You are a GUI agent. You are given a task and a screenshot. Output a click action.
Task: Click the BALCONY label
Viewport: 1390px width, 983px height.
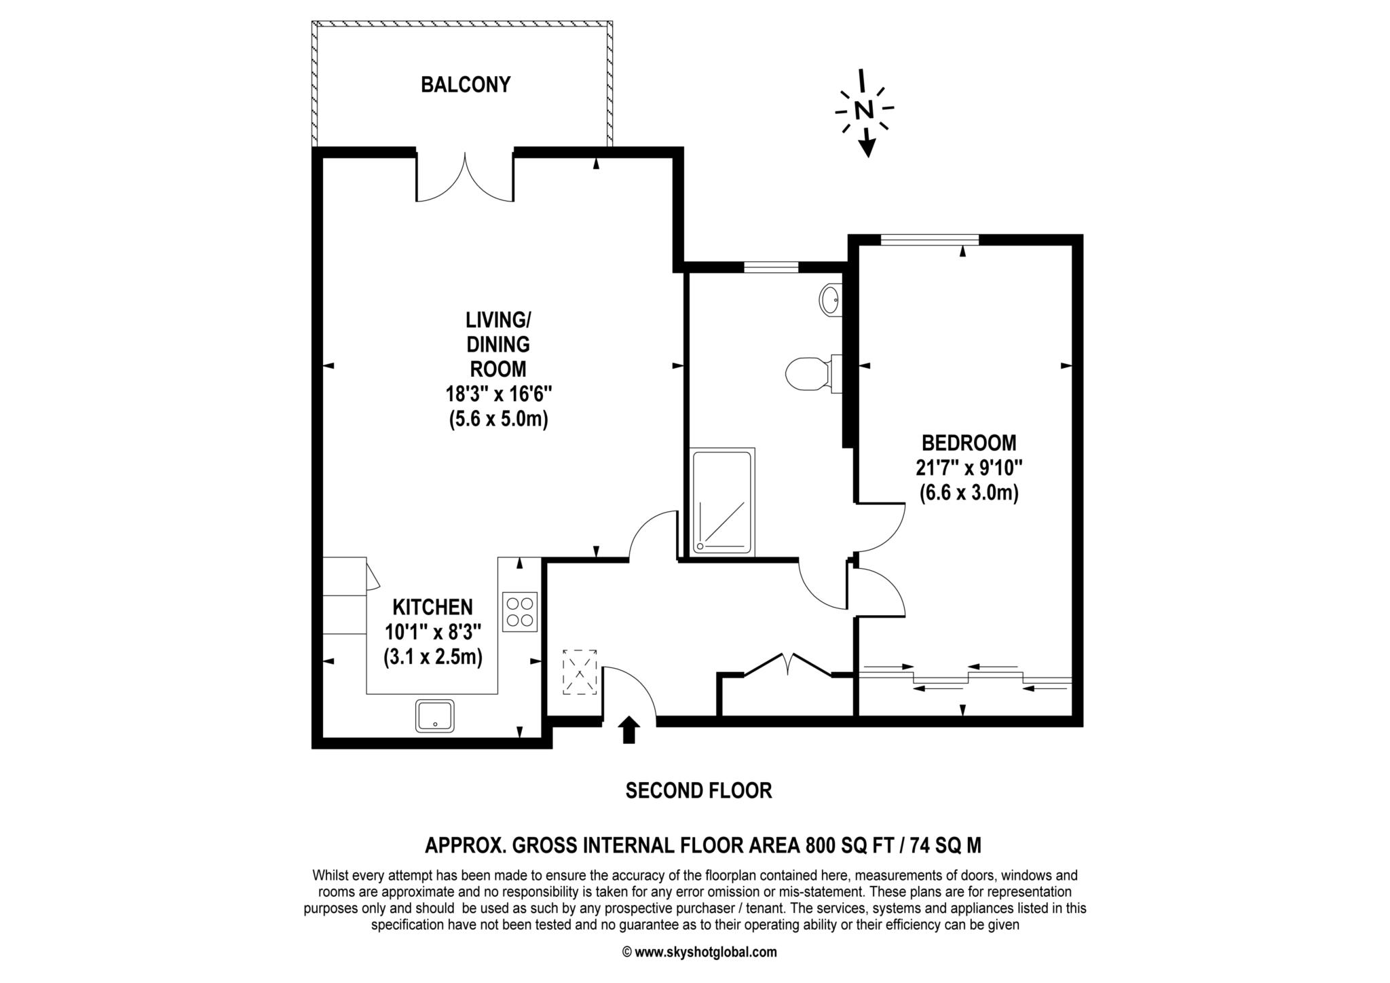pyautogui.click(x=465, y=85)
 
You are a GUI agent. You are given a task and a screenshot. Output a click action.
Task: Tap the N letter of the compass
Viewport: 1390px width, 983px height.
pyautogui.click(x=863, y=109)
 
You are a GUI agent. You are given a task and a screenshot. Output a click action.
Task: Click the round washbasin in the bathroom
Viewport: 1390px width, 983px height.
pyautogui.click(x=830, y=299)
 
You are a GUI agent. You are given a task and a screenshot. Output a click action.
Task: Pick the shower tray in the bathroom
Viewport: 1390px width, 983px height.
pyautogui.click(x=722, y=502)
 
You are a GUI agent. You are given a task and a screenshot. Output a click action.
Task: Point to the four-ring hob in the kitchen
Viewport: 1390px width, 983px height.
pyautogui.click(x=520, y=612)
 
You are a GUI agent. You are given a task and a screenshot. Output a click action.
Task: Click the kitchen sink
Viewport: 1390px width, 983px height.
pyautogui.click(x=435, y=716)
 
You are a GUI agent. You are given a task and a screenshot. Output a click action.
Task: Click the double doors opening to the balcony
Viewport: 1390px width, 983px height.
pyautogui.click(x=465, y=178)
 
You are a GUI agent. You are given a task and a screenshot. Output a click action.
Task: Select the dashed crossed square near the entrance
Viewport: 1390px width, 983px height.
pyautogui.click(x=580, y=671)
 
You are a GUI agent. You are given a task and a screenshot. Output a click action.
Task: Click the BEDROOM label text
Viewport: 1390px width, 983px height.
pyautogui.click(x=969, y=443)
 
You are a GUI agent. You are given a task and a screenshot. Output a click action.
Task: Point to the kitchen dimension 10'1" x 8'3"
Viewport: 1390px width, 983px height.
pyautogui.click(x=433, y=632)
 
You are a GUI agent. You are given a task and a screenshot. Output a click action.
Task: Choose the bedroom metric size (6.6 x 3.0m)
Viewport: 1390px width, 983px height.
pyautogui.click(x=969, y=494)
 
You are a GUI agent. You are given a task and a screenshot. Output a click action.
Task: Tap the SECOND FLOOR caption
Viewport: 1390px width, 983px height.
pyautogui.click(x=698, y=791)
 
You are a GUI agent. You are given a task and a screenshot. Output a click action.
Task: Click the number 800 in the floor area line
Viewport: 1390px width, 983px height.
pyautogui.click(x=821, y=846)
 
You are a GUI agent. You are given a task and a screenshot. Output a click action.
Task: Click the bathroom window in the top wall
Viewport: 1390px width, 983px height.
pyautogui.click(x=770, y=267)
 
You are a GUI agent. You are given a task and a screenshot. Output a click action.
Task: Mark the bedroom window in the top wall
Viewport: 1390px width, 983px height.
pyautogui.click(x=930, y=239)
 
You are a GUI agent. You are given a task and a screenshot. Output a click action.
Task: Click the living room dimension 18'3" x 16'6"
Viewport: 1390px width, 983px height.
pyautogui.click(x=499, y=394)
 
